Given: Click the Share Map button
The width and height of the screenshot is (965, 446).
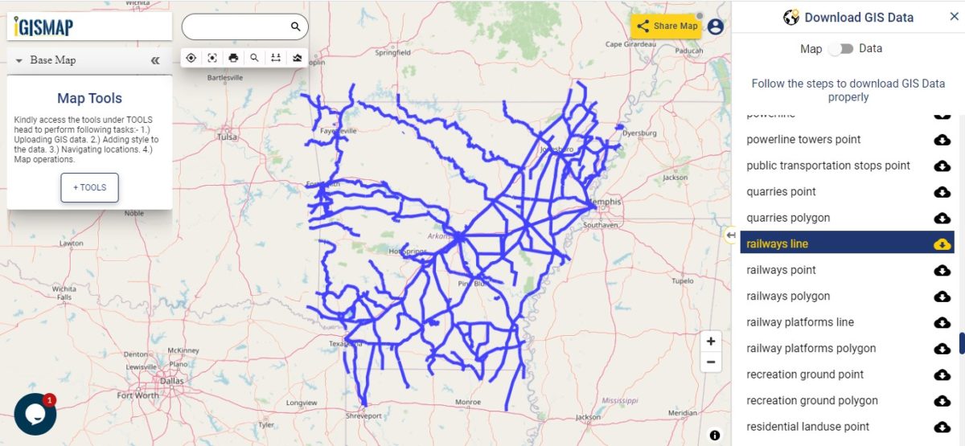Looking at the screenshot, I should [x=667, y=26].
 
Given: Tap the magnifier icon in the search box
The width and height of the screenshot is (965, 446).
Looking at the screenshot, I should [x=296, y=27].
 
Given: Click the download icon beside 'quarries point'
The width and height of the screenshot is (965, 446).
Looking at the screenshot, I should [x=942, y=192].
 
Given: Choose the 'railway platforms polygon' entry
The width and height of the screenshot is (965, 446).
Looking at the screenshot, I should [x=811, y=348].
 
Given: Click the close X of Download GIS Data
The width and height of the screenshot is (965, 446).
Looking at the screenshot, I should [x=954, y=17].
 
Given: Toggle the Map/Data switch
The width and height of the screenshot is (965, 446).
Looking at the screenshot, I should [x=841, y=49].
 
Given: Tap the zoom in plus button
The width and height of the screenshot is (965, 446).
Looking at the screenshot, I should [x=711, y=341].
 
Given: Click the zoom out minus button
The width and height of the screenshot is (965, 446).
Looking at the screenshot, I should [x=711, y=362].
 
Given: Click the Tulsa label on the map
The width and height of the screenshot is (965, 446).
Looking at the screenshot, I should [x=228, y=137].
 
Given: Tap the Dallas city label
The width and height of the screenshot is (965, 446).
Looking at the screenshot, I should [x=171, y=381].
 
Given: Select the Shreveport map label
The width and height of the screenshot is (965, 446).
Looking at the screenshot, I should [x=363, y=415].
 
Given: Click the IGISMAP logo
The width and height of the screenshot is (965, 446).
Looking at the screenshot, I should [x=44, y=27].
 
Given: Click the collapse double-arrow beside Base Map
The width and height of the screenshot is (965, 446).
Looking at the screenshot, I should [x=155, y=60].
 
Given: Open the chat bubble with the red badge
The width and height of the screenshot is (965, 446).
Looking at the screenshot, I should [x=35, y=413].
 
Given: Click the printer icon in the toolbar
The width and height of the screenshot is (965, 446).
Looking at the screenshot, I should [x=233, y=58].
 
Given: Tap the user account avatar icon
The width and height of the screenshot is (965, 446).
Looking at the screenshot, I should [x=715, y=27].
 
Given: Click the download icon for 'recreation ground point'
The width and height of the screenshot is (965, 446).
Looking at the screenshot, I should [x=942, y=374].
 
